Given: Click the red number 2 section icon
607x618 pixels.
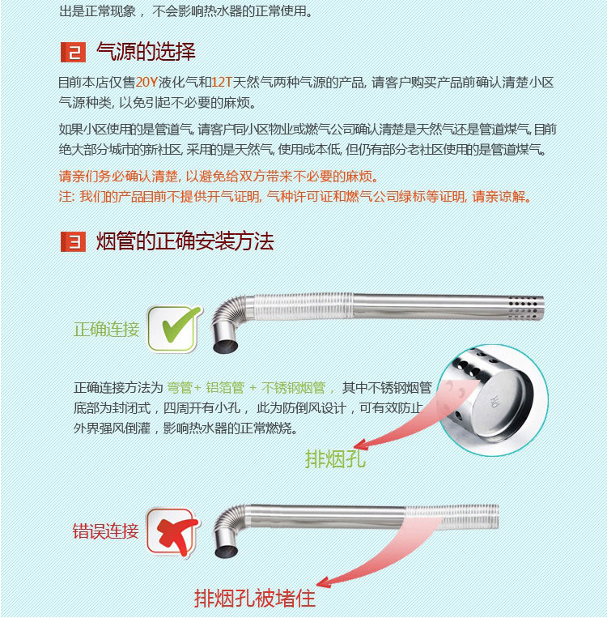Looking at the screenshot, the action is tap(73, 52).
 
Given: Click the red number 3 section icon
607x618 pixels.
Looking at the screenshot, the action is tap(73, 241).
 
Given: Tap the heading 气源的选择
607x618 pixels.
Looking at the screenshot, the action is tap(146, 52).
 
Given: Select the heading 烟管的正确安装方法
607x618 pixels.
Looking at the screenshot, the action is tap(185, 241).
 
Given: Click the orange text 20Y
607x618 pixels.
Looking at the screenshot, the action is tap(146, 83).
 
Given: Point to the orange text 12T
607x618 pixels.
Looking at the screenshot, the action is tap(222, 83).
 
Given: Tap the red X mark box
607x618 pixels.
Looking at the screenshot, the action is tap(173, 532).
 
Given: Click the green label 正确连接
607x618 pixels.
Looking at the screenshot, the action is tap(106, 329).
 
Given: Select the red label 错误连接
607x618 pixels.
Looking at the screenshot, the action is tap(105, 531).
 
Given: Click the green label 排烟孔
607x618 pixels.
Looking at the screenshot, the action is tap(335, 458).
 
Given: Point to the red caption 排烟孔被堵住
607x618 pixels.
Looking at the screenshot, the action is tap(255, 599).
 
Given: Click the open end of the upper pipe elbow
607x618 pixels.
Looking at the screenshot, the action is tap(225, 347).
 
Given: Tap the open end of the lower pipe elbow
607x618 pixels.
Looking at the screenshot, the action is tap(226, 552).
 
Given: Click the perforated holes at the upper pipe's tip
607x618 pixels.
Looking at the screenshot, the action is tap(523, 308).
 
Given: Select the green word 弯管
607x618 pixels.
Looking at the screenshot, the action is tap(180, 388).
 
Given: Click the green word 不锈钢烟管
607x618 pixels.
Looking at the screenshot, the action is tap(294, 388).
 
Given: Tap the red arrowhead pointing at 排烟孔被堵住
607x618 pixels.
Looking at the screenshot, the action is tap(324, 582).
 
